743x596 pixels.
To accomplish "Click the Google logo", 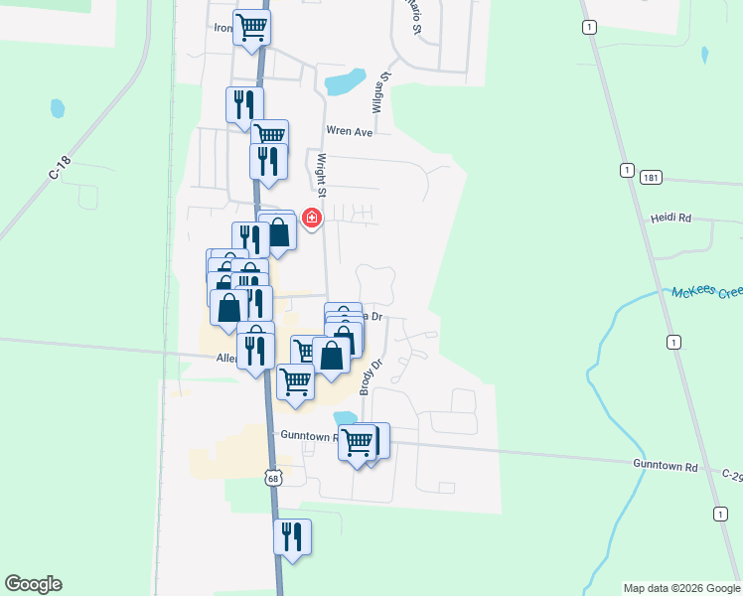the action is tap(33, 584).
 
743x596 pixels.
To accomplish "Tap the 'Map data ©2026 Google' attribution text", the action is tap(681, 588).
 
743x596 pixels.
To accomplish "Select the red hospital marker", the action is tap(312, 218).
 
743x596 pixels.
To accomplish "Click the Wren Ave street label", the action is tap(349, 131).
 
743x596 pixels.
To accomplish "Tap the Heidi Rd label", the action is tap(670, 218).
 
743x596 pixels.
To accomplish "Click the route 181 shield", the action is tap(651, 177).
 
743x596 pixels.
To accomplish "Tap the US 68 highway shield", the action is tap(273, 478).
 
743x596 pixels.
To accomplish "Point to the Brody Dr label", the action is tap(365, 376).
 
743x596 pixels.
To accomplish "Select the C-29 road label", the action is tap(732, 476).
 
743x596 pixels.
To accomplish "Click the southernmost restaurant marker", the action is tap(292, 536).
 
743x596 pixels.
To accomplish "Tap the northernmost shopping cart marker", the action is tap(252, 27).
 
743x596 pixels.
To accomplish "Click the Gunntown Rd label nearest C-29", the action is tap(665, 466).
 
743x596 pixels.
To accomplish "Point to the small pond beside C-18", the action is tap(57, 106).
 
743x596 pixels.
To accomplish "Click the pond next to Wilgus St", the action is tap(344, 81).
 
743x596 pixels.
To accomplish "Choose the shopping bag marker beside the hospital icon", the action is tap(280, 232).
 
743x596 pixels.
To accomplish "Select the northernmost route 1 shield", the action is tap(590, 28).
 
